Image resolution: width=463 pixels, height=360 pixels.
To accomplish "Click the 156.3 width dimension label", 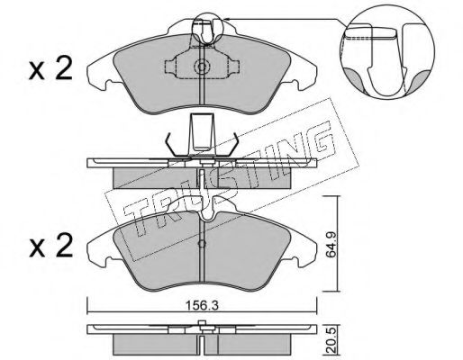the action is pos(202,306).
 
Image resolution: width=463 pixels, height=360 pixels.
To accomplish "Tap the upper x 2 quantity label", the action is pos(50,68).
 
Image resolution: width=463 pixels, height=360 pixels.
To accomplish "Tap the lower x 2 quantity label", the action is pos(50,246).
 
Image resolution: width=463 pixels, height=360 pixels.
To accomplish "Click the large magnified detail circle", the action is pos(387,52).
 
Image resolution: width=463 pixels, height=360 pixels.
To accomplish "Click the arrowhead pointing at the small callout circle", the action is pos(227,19).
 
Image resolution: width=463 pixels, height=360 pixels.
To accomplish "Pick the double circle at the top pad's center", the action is pos(202,67).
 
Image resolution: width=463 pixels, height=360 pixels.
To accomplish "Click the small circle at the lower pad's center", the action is pos(202,244).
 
